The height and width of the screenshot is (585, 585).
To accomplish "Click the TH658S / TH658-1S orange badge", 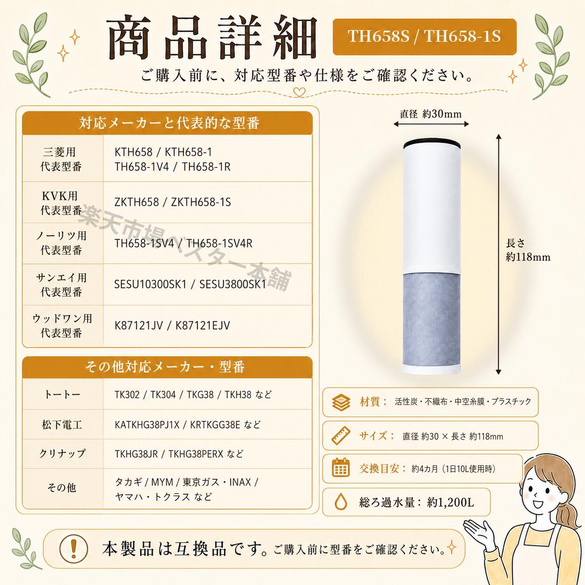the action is [x=425, y=37].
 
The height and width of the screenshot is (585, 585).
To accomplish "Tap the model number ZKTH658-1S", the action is [x=201, y=202].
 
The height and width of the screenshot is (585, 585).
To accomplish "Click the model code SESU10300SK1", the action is [x=150, y=284].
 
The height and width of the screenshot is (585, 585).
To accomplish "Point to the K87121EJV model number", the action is [x=203, y=326].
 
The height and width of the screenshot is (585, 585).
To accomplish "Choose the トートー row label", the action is [x=62, y=394].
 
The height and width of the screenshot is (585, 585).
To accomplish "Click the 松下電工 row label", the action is [x=62, y=425].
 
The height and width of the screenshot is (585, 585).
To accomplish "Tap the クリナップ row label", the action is [x=62, y=453].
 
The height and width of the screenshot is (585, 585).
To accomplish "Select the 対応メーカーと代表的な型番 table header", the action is [x=167, y=123].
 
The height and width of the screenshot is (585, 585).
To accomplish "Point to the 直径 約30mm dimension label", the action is [x=431, y=114].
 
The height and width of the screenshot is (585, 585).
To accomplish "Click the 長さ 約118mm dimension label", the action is [x=528, y=250].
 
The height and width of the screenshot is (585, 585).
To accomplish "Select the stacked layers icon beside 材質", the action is [x=341, y=402].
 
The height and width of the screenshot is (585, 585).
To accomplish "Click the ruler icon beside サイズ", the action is [x=341, y=436].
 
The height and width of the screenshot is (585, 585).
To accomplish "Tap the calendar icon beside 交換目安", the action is [x=341, y=468].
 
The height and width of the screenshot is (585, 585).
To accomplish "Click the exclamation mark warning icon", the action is [x=73, y=549].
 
